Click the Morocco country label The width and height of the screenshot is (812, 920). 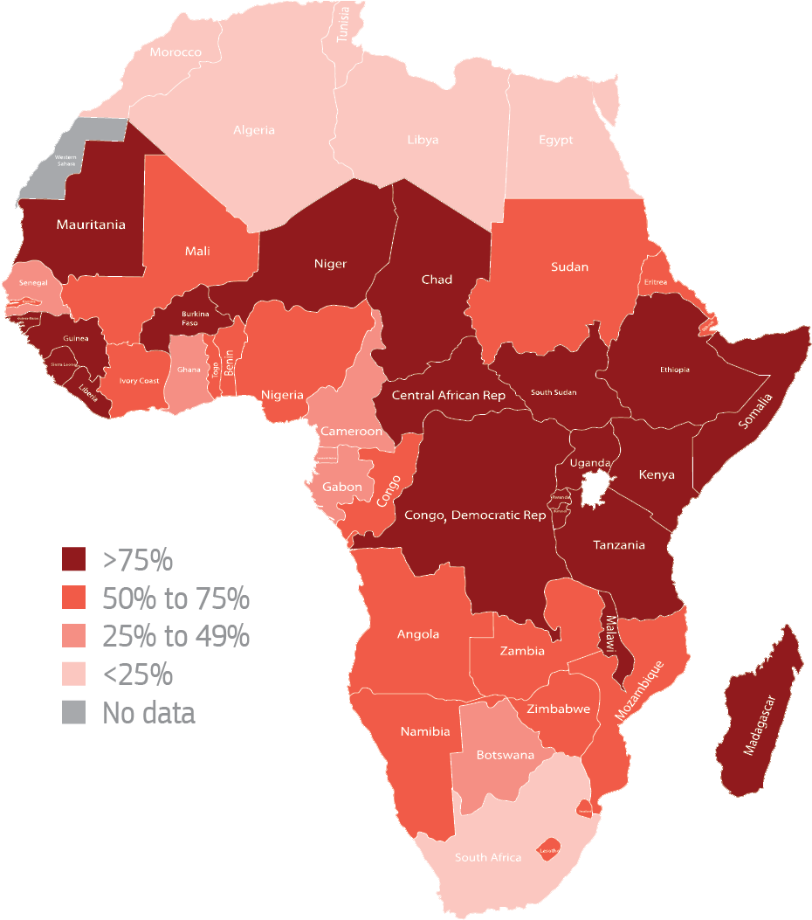175,52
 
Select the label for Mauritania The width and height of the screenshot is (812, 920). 91,225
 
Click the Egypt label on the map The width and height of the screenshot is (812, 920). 555,140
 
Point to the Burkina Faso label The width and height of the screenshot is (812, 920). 195,318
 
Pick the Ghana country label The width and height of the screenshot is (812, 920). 189,370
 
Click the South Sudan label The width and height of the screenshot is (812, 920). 554,392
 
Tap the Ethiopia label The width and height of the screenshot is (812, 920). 674,370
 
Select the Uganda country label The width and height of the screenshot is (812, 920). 590,462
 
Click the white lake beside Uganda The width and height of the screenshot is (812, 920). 596,488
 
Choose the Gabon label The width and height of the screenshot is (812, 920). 342,487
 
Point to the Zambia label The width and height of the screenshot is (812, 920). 522,651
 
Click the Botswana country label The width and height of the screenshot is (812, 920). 505,754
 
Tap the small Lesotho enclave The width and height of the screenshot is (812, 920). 548,850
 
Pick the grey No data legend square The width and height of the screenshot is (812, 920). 74,713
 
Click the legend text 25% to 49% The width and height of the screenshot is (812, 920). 176,636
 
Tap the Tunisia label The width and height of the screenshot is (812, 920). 343,24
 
